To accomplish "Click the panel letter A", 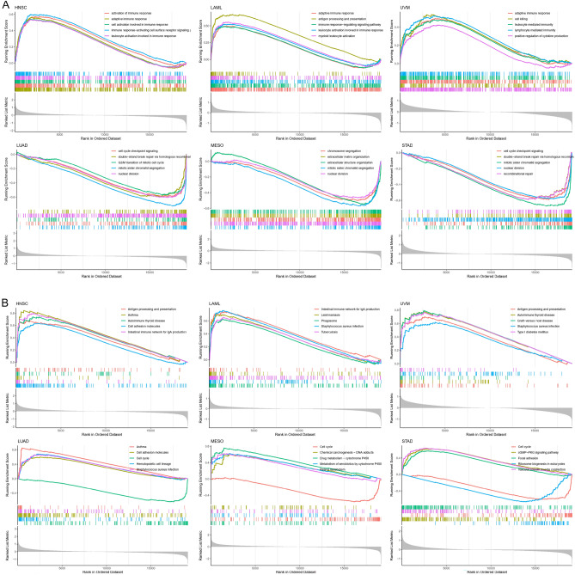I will point(4,5).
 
